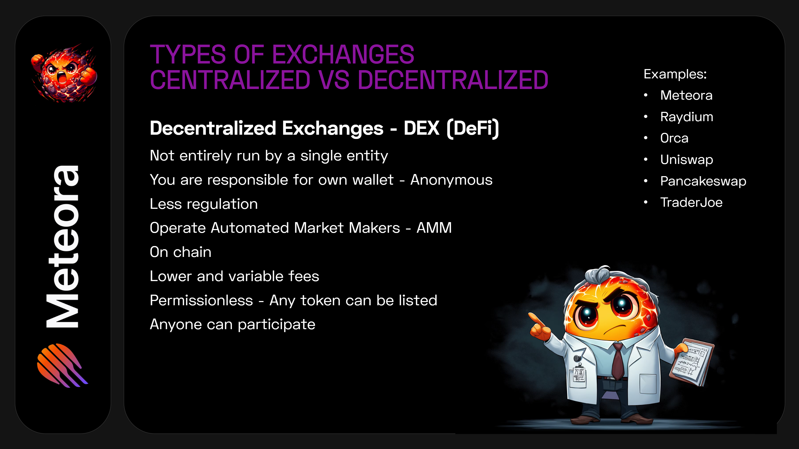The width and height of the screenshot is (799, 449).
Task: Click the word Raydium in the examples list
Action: [686, 117]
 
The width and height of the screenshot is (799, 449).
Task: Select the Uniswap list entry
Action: [686, 160]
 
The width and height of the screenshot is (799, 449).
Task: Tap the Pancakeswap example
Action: [703, 181]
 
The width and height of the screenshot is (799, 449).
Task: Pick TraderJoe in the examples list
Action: [691, 203]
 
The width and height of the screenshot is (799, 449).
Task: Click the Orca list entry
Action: [674, 138]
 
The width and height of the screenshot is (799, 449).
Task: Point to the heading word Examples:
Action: [675, 74]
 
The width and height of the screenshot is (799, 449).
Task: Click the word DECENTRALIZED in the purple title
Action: [453, 80]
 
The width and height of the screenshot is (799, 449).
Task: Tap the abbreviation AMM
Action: [434, 228]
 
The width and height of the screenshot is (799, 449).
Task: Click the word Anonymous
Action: [451, 180]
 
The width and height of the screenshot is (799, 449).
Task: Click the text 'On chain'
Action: [181, 252]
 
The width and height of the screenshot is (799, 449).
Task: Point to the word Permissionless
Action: [201, 300]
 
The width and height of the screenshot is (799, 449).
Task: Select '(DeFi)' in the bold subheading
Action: [473, 129]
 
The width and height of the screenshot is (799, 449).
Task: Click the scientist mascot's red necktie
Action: [618, 361]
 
